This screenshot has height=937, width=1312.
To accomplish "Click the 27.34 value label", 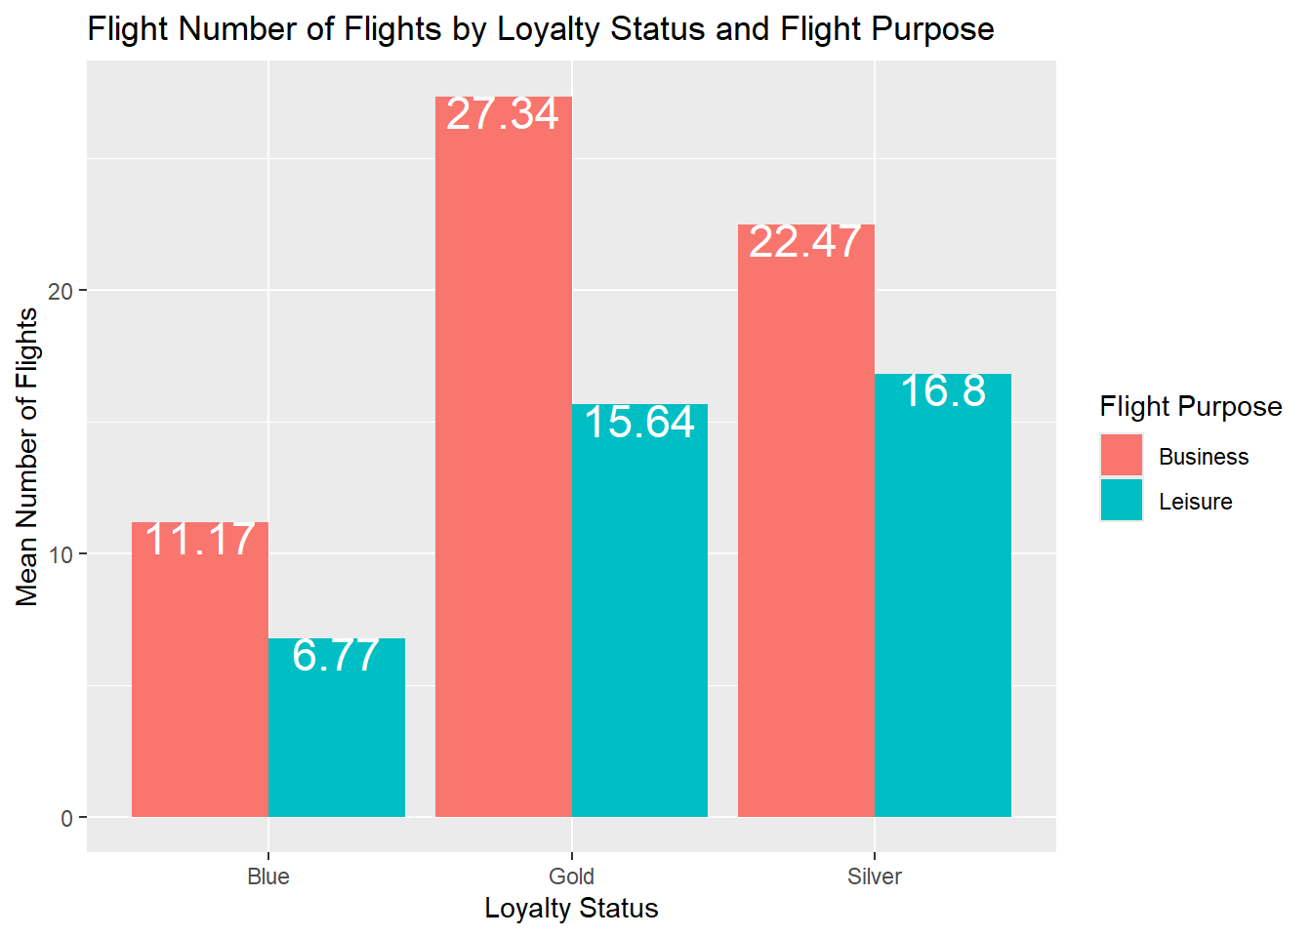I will (503, 114).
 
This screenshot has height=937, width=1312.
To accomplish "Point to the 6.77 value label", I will (336, 656).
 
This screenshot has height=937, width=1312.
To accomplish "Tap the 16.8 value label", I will (943, 391).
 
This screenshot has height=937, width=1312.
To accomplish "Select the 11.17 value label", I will (200, 540).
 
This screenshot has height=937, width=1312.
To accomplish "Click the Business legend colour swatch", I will (1121, 456).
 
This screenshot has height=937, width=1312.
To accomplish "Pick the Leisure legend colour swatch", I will (1121, 501).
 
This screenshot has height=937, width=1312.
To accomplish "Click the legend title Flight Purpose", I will (1190, 406).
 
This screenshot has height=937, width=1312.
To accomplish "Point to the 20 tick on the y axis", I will (61, 291).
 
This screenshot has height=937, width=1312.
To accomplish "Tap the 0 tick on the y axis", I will (66, 818).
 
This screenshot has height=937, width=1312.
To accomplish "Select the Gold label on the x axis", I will (571, 876).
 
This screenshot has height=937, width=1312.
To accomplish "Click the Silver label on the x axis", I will (875, 876).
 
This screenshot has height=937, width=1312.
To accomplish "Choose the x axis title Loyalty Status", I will (571, 909).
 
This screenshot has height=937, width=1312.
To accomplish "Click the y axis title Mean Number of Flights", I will (27, 457).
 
